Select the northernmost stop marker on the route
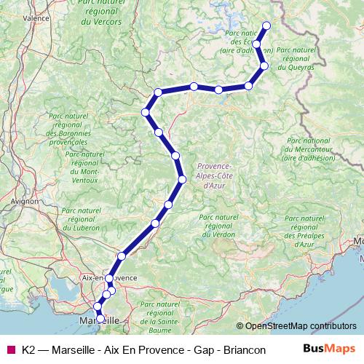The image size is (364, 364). pyautogui.click(x=266, y=26)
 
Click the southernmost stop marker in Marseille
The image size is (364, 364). pyautogui.click(x=100, y=318)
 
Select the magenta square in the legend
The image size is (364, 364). pyautogui.click(x=10, y=350)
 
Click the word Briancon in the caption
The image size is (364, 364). pyautogui.click(x=241, y=350)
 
